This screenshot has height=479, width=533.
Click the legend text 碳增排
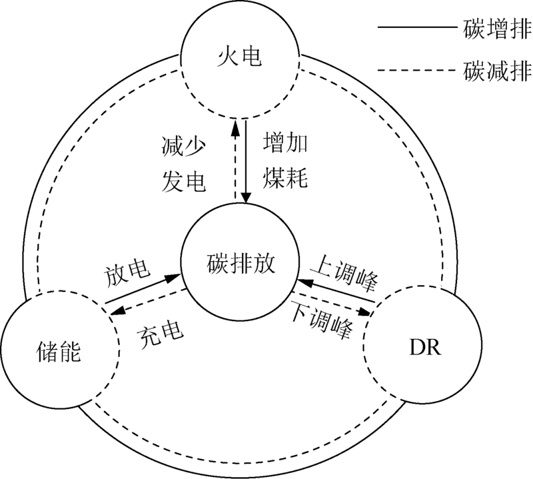[x=495, y=28]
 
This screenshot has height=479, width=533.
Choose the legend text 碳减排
[x=495, y=69]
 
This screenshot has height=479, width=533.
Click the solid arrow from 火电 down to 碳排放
[x=247, y=161]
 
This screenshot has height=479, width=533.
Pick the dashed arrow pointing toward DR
[x=333, y=302]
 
